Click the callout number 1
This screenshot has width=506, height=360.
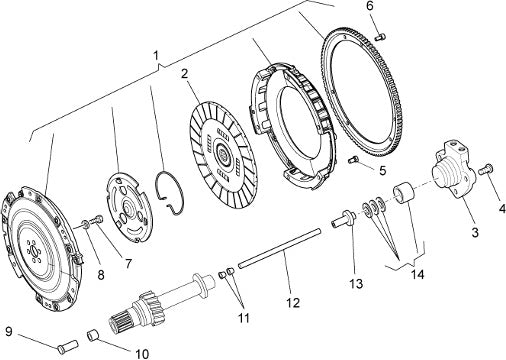(x=156, y=56)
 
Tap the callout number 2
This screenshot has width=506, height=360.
(x=185, y=74)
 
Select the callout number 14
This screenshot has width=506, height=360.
(x=417, y=275)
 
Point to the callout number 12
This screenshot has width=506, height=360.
(x=293, y=303)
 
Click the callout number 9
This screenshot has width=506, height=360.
(x=9, y=332)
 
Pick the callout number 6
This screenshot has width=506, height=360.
(x=370, y=6)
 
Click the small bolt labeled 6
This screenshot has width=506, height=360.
(x=380, y=37)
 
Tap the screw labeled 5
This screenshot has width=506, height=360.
(x=353, y=160)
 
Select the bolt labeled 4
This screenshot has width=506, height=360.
(x=486, y=169)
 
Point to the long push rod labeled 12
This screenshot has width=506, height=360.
(x=280, y=247)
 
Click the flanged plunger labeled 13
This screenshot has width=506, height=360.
(x=344, y=220)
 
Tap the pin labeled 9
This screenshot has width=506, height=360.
(x=67, y=346)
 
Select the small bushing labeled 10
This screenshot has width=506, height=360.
(x=94, y=335)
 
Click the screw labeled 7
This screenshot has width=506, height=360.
(x=96, y=220)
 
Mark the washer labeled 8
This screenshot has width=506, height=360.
(x=85, y=225)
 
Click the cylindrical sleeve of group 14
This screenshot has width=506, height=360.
(x=404, y=193)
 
